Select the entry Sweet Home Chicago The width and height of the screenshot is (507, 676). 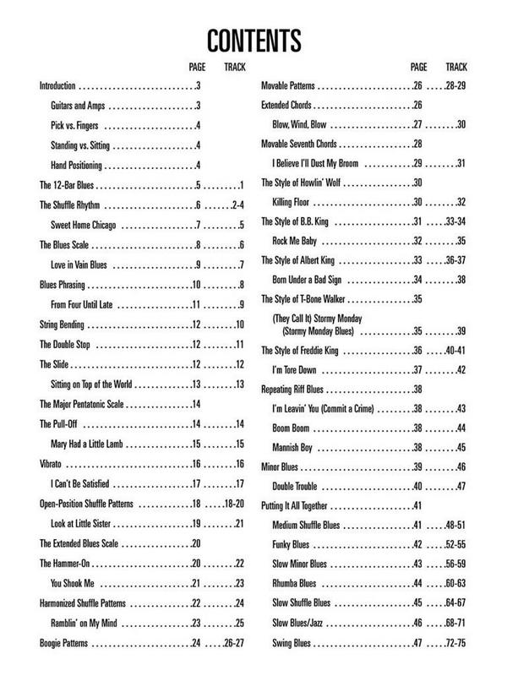click(x=83, y=226)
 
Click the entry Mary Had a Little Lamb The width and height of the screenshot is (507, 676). click(x=90, y=444)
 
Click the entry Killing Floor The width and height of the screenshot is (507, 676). click(x=292, y=202)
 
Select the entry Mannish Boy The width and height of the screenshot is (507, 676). click(x=295, y=447)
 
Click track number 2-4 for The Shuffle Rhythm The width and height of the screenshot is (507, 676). click(x=237, y=205)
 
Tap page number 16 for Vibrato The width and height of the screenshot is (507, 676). click(x=196, y=464)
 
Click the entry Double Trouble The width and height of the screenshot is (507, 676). click(x=296, y=486)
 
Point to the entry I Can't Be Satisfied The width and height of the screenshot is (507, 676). click(x=85, y=484)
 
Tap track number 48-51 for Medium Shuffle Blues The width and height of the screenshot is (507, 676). click(x=455, y=525)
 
